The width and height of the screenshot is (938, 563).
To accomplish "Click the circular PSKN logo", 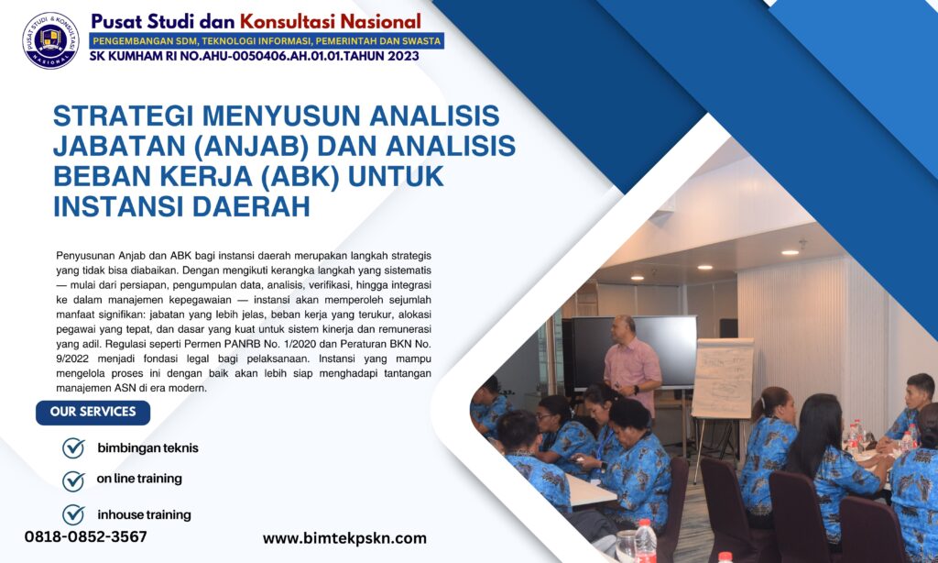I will coord(50,40).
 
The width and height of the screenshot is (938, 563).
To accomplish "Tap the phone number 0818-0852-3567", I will coord(85,536).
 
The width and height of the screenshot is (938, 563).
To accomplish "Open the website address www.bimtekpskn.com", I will coord(344,538).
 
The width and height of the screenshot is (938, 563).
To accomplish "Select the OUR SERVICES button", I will coord(93,412).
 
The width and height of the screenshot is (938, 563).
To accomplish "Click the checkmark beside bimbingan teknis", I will coord(73,448).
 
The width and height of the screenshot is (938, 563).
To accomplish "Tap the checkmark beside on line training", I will coord(73,480).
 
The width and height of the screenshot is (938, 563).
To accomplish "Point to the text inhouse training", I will coord(144,514).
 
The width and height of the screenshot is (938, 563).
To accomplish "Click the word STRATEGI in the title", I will coord(123,116).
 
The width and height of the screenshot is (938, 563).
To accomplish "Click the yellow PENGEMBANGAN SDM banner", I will coord(267,40).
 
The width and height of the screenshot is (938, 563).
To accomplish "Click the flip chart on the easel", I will coord(723,378).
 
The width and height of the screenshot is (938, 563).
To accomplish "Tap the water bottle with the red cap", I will coord(646,540).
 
